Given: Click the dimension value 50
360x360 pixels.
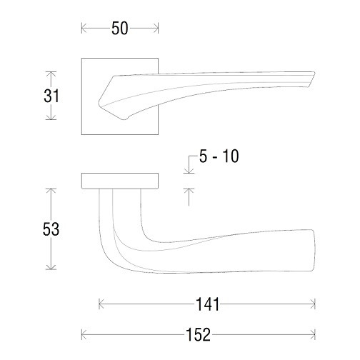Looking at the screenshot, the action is tap(120, 29).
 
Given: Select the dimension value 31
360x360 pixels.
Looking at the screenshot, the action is tap(51, 96).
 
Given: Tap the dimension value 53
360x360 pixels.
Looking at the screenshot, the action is tap(51, 229).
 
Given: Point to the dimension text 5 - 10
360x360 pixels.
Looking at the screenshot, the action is tap(219, 156).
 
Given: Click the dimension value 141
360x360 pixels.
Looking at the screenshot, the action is tap(207, 304).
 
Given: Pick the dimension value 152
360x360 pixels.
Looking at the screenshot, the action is tap(199, 334).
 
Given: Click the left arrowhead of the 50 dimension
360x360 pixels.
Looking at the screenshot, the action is tap(84, 29).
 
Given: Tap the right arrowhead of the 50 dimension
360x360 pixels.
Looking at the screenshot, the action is tap(156, 29).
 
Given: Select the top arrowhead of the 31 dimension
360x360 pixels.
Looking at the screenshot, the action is tap(51, 74).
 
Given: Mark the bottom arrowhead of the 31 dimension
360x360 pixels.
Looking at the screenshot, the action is tap(51, 117).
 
